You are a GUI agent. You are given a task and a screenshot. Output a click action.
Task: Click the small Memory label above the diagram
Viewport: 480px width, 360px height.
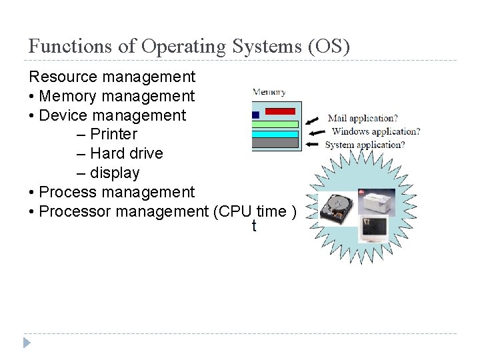(x=269, y=92)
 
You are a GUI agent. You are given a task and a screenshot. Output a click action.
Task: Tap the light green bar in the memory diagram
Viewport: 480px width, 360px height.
(x=275, y=124)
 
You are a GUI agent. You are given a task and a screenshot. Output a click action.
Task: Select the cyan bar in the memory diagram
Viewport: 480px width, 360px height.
(x=275, y=133)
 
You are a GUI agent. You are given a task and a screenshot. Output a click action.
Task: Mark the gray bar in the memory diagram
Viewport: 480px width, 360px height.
(x=275, y=143)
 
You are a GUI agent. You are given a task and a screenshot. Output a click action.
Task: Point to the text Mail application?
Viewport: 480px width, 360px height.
(x=363, y=119)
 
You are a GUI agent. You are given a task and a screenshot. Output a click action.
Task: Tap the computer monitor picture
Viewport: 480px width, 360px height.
(x=373, y=227)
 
